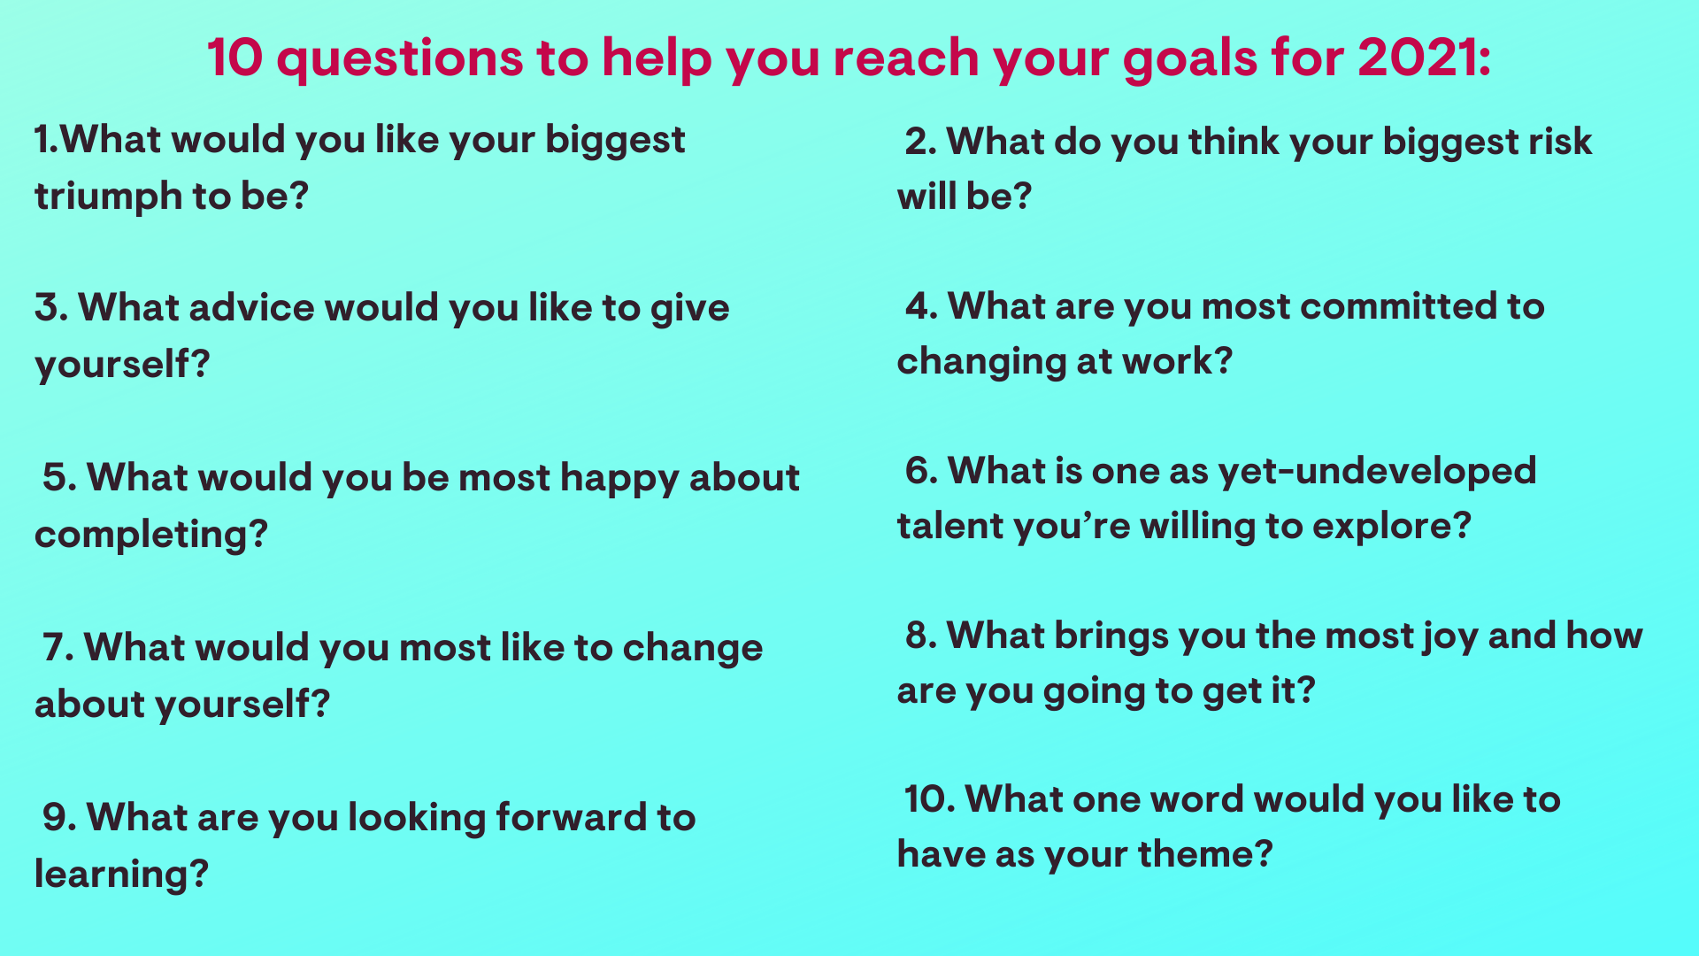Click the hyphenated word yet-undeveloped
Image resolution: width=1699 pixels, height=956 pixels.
point(1377,471)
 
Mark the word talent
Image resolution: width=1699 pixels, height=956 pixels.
point(950,526)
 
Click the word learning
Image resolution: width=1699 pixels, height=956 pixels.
point(111,875)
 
